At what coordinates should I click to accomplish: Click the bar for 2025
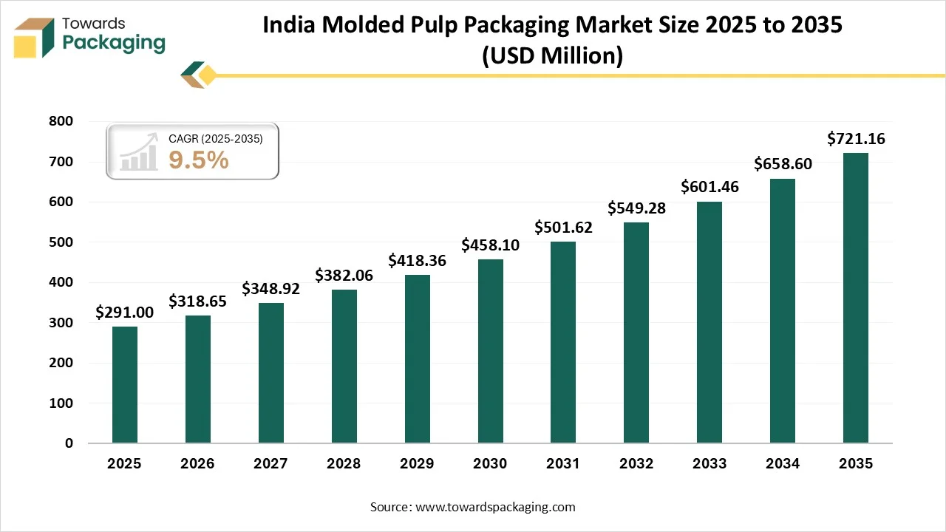pos(125,385)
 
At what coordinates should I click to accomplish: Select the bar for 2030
pos(490,351)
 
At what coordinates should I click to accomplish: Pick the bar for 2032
pos(636,332)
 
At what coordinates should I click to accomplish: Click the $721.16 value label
pos(856,138)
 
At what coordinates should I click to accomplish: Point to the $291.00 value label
pos(125,312)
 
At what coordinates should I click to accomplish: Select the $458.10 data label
pos(490,245)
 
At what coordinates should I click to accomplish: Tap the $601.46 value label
pos(709,187)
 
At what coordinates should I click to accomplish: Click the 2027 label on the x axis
pos(271,464)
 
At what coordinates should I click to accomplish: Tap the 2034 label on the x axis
pos(783,464)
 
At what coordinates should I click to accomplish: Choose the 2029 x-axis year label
pos(417,464)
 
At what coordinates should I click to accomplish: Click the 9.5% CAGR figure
pos(199,160)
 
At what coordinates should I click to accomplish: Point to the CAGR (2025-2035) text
pos(215,138)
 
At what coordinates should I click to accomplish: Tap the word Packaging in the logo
pos(114,43)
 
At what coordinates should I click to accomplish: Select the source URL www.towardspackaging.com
pos(495,507)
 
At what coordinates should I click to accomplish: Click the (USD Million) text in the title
pos(553,55)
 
